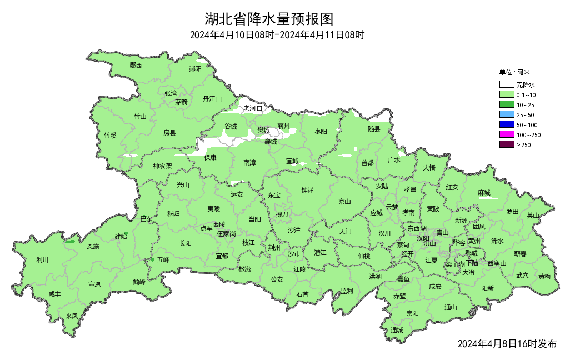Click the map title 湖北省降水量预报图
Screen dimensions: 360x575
coord(269,19)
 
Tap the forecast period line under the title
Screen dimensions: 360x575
coord(277,36)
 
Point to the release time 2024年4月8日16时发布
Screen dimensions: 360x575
coord(507,344)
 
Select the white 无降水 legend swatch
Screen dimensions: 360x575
coord(506,85)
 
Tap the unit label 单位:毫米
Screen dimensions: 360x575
coord(514,72)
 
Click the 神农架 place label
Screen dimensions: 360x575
coord(162,166)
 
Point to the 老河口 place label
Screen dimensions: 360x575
coord(253,108)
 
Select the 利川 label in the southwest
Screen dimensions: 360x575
coord(42,259)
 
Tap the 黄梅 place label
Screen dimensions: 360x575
coord(544,276)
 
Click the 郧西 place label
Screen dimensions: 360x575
coord(136,66)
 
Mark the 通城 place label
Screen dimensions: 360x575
coord(397,330)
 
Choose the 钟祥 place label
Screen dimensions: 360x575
coord(307,190)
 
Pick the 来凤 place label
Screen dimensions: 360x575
coord(72,316)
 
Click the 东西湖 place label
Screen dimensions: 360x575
coord(417,228)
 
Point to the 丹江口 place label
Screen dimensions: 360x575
coord(212,99)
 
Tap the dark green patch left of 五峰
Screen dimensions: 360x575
coord(152,260)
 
